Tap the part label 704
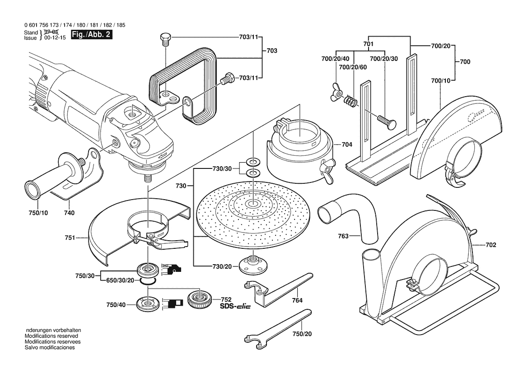coord(347,145)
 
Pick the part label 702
coord(491,245)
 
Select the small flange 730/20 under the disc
coord(250,264)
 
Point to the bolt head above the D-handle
coord(165,38)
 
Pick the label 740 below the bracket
coord(69,213)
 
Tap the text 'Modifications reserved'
coord(51,336)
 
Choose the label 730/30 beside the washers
coord(222,168)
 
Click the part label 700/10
coord(441,81)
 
